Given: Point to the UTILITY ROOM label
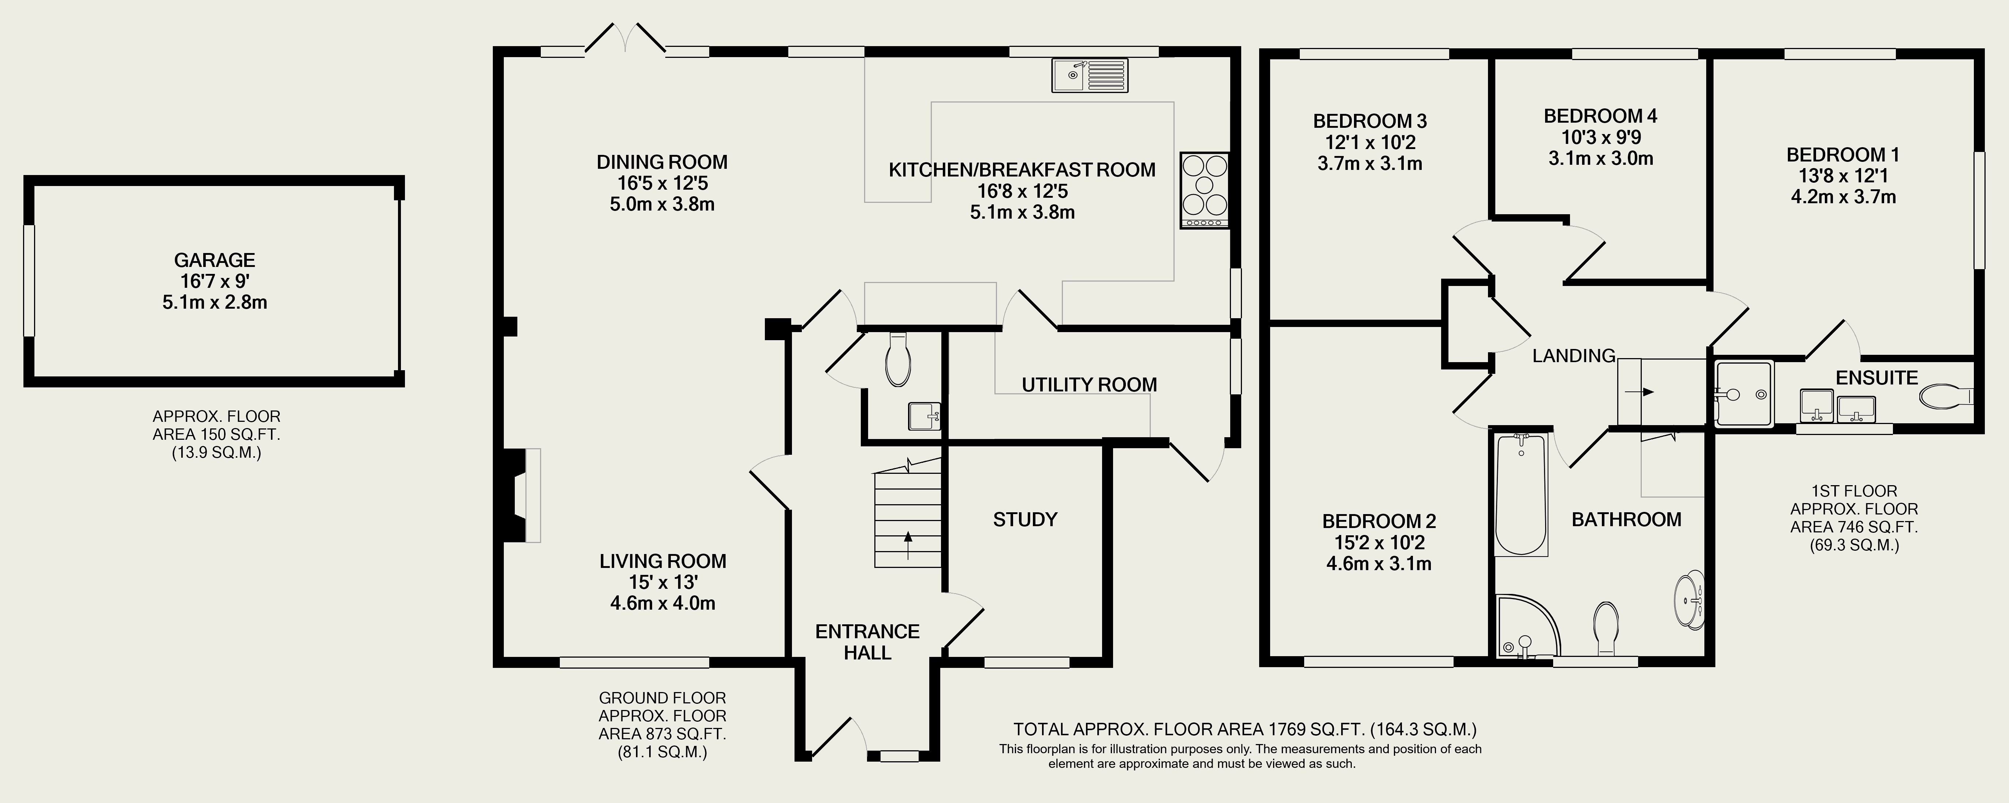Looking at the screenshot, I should coord(1089,384).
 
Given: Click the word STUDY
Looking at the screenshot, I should coord(1025,519).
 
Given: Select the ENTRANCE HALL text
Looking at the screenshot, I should coord(867,642).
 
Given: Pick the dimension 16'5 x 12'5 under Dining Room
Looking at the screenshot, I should coord(662,183).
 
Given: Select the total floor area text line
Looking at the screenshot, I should coord(1245,730).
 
